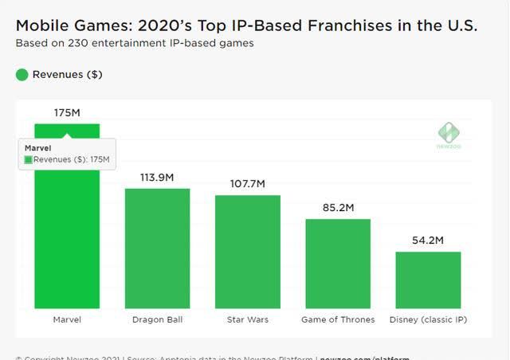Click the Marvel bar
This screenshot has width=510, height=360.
click(x=67, y=239)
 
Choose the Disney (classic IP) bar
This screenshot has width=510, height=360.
click(x=428, y=280)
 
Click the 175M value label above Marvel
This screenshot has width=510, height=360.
click(x=67, y=113)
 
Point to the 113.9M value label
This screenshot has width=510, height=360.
click(x=157, y=178)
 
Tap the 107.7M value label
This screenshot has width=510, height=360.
click(x=247, y=184)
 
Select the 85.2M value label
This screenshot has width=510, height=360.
click(x=338, y=208)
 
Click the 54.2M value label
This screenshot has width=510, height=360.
click(x=428, y=241)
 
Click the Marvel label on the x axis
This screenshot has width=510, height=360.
click(x=67, y=319)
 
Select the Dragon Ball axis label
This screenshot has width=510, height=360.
click(x=157, y=319)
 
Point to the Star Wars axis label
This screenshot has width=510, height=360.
click(x=247, y=319)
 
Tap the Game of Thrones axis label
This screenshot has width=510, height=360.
click(x=338, y=319)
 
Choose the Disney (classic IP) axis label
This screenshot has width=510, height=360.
click(x=428, y=319)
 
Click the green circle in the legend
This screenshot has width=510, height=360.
click(x=22, y=75)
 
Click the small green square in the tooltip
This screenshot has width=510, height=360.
click(x=29, y=159)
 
